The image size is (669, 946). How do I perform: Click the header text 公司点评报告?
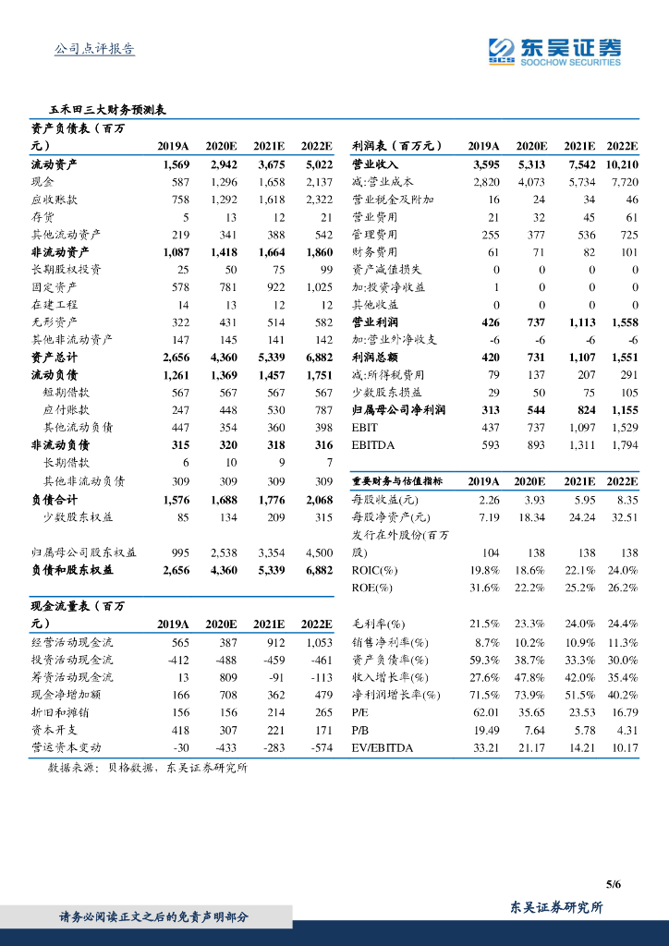(x=95, y=49)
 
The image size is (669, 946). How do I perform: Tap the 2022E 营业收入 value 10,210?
(x=622, y=164)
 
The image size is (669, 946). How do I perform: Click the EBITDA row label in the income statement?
(x=374, y=445)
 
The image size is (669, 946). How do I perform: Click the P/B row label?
(x=360, y=730)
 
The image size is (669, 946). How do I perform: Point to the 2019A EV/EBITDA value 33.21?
(x=486, y=747)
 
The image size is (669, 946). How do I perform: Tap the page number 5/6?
(x=614, y=884)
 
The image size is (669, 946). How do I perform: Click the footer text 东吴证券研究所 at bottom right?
(x=557, y=908)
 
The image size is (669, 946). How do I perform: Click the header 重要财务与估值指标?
(x=398, y=481)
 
